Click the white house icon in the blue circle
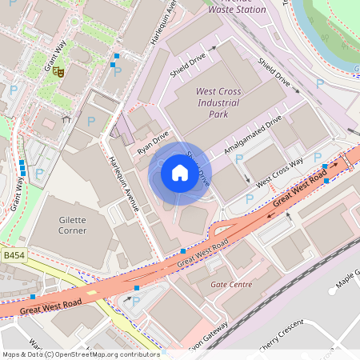click(x=179, y=172)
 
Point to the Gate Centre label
click(x=230, y=284)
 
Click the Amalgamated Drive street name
click(x=253, y=133)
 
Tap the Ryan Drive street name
click(x=153, y=142)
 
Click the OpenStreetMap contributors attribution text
click(x=80, y=354)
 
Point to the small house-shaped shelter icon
click(x=66, y=119)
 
